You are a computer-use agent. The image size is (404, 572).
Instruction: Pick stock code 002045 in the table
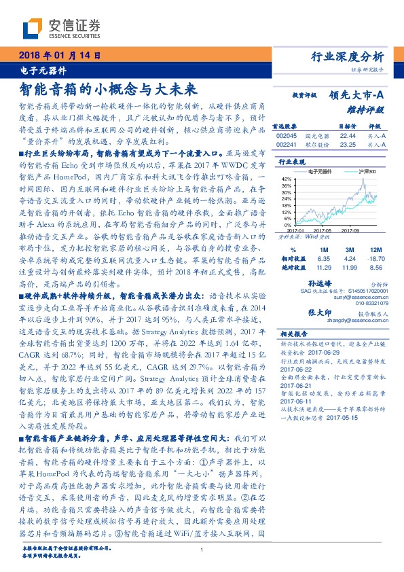[287, 135]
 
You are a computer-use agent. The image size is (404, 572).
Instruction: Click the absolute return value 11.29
[323, 268]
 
